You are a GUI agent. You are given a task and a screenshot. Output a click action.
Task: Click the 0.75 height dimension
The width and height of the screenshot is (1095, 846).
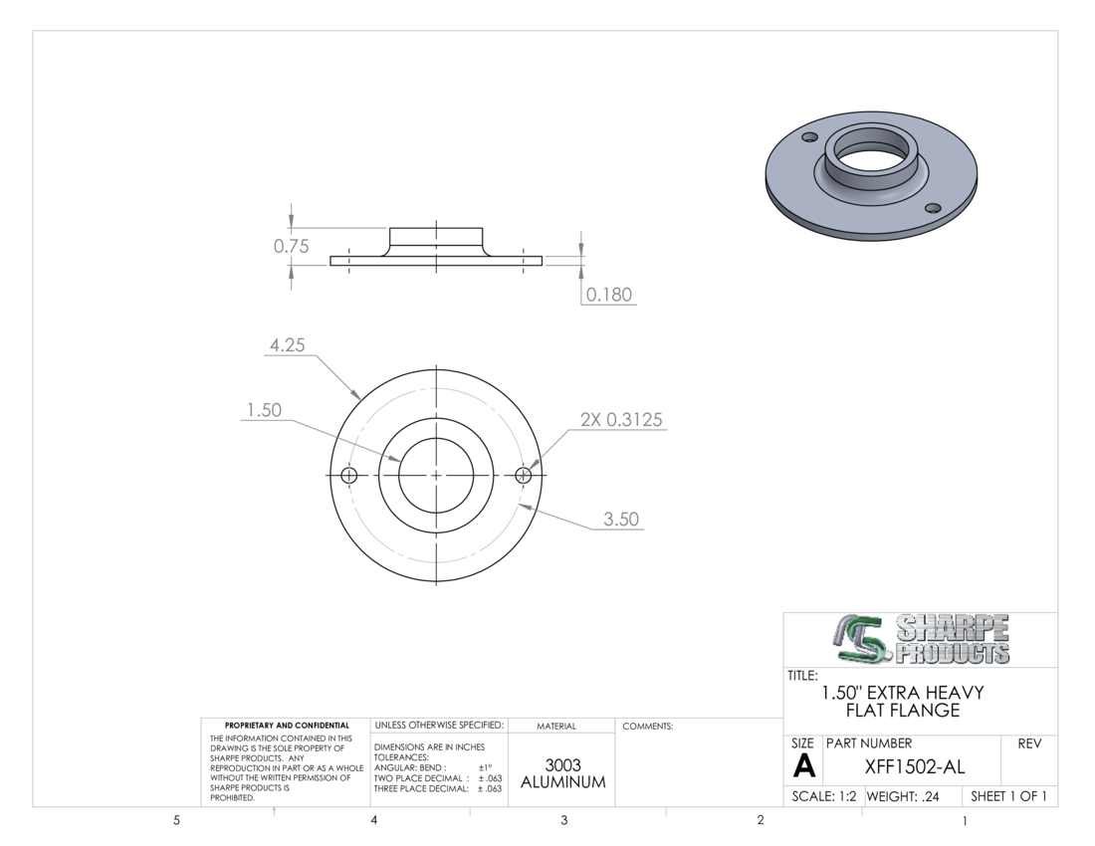pos(291,247)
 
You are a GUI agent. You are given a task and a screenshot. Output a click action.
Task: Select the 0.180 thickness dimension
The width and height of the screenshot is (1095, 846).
pos(609,295)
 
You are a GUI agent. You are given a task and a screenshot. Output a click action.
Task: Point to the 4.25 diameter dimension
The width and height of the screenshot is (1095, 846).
pos(287,344)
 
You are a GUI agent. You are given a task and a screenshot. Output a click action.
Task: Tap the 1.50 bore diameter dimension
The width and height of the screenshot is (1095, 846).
pos(264,410)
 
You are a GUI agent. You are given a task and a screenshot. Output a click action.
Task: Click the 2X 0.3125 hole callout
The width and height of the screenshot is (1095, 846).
pos(621,419)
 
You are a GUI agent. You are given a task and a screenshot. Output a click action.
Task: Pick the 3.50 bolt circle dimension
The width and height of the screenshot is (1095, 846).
pos(621,520)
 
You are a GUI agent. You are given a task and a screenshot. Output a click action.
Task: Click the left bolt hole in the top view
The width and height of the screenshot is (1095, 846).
pos(349,476)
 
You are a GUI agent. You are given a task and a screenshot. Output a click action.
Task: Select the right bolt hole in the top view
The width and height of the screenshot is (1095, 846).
pos(523,476)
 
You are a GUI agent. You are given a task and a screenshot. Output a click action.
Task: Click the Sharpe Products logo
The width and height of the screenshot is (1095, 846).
pos(921,639)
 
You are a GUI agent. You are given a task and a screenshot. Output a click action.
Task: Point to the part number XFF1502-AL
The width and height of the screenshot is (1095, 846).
pos(915,767)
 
